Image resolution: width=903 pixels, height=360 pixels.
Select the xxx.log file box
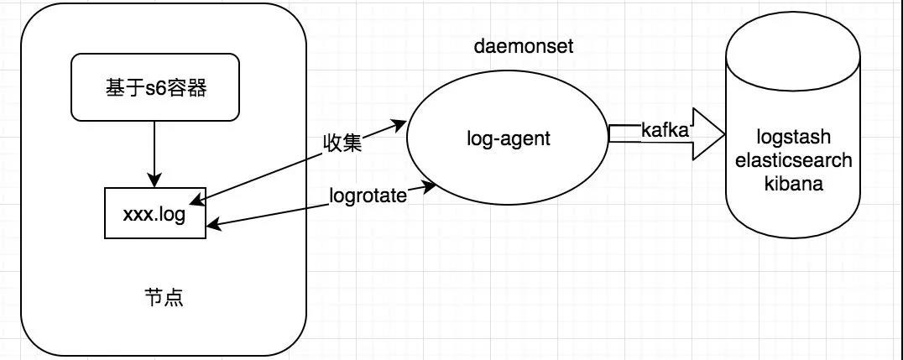[154, 213]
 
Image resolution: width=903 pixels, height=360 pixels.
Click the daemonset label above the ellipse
[524, 47]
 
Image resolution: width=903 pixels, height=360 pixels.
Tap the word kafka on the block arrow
[665, 131]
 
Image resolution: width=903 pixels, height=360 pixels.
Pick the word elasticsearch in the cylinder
[792, 161]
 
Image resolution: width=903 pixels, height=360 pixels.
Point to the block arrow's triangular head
[709, 134]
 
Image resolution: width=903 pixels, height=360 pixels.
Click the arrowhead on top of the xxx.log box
[154, 181]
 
